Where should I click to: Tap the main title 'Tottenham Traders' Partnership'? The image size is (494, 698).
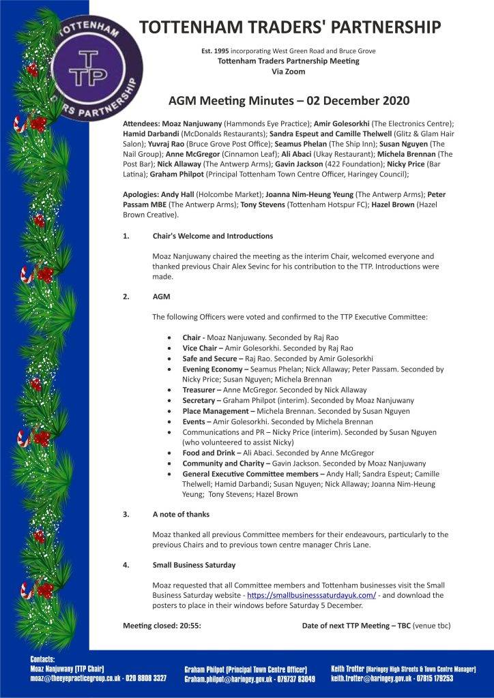(x=290, y=27)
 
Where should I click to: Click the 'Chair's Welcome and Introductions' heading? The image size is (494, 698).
(x=213, y=236)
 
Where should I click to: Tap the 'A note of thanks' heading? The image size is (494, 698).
(x=181, y=514)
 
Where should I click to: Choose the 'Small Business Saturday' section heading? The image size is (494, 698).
(x=194, y=565)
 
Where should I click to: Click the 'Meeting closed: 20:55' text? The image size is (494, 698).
(x=162, y=625)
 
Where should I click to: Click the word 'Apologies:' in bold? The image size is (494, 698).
(x=141, y=195)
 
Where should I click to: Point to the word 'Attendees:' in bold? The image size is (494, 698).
(x=141, y=123)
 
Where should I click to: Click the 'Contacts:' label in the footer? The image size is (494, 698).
(x=47, y=659)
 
